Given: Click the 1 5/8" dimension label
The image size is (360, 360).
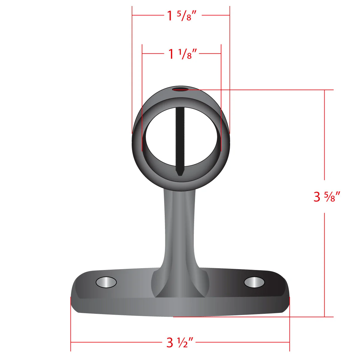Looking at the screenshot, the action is click(x=181, y=16).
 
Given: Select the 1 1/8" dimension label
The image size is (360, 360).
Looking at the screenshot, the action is click(x=183, y=54).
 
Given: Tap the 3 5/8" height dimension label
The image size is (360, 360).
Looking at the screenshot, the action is click(x=327, y=196).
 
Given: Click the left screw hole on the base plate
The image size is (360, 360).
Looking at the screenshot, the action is click(x=106, y=282).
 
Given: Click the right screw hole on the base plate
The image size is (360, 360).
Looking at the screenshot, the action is click(x=254, y=282).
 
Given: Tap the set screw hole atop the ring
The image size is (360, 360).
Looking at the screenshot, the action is click(x=180, y=89).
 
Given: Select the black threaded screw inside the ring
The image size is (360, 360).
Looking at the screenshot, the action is click(x=180, y=141).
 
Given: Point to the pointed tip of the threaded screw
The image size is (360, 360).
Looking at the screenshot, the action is click(x=180, y=175).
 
